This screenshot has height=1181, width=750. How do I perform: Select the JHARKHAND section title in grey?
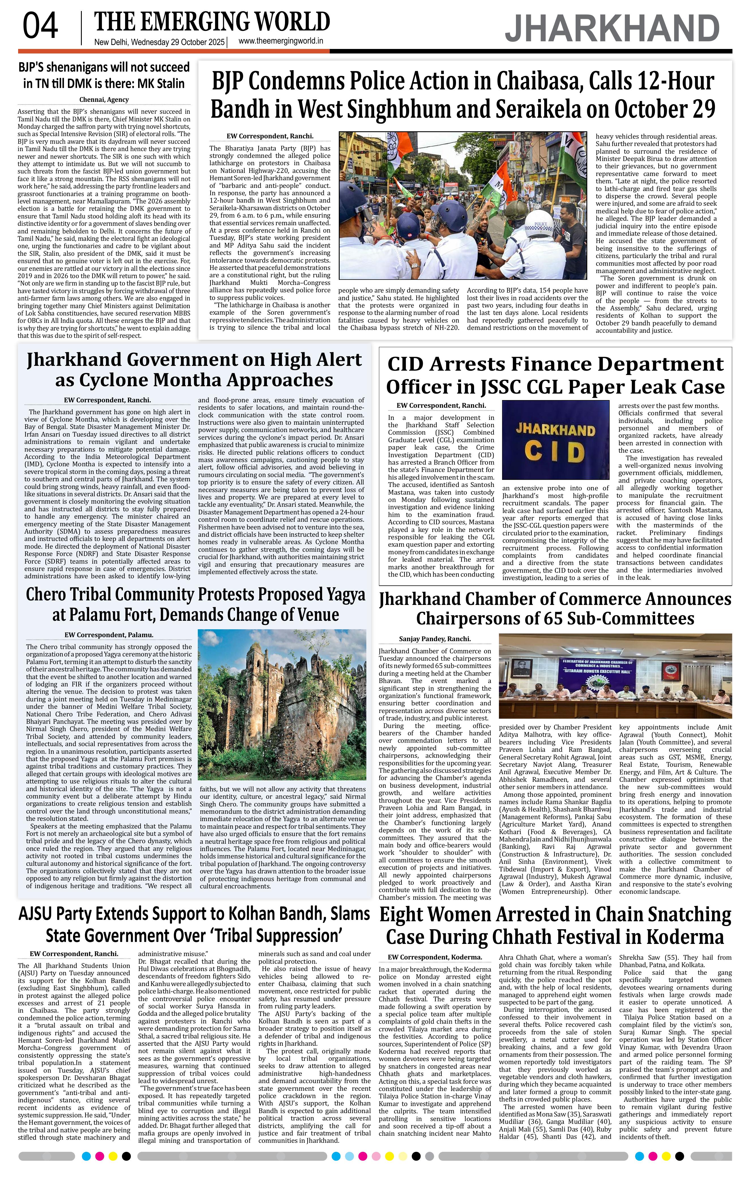coord(612,29)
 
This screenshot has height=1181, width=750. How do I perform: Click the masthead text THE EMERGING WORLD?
coord(212,22)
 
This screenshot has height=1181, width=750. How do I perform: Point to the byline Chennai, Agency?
coord(104,100)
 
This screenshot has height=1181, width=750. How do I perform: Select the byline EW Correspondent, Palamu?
coord(109,635)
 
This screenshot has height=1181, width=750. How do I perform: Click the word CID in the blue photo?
coord(555,450)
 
